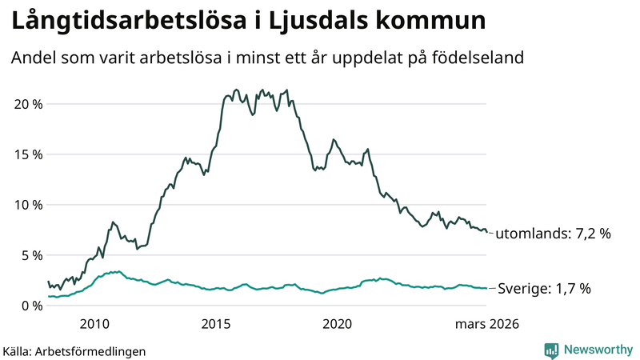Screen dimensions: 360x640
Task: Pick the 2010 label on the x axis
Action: point(94,324)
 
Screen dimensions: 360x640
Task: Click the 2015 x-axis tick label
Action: point(216,324)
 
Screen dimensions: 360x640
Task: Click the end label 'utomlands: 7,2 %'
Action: point(554,234)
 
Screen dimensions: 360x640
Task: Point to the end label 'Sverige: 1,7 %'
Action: point(545,289)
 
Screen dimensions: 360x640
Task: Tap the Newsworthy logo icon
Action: point(552,350)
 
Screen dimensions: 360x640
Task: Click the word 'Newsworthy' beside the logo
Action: point(598,350)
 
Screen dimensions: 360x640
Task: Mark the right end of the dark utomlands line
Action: point(486,232)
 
